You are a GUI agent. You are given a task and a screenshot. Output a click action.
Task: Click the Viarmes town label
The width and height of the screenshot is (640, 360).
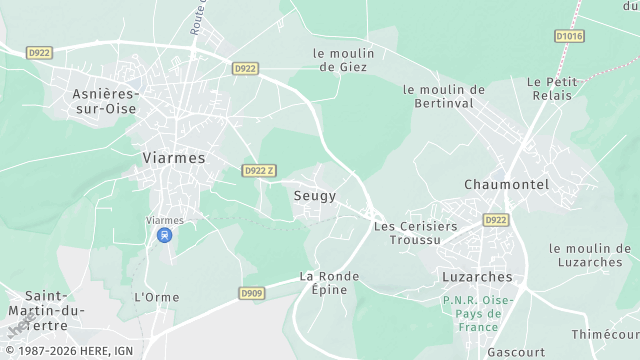[x=174, y=158]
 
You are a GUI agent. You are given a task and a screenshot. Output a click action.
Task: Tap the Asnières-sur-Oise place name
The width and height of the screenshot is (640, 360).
[x=105, y=101]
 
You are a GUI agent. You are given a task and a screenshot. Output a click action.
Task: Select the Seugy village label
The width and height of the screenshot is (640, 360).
[x=315, y=196]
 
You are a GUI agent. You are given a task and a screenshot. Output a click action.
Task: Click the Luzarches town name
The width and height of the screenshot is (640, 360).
[x=477, y=277]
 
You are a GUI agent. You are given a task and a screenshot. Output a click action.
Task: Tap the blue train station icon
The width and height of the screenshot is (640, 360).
[x=164, y=235]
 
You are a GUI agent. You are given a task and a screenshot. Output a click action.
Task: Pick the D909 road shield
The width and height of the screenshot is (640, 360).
[x=251, y=293]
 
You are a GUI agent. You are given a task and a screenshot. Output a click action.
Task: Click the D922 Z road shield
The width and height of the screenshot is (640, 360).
[x=257, y=171]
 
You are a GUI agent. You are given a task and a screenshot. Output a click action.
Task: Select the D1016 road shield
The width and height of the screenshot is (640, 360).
[x=568, y=37]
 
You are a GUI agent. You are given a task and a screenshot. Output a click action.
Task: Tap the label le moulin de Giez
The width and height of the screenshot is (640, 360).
[x=342, y=60]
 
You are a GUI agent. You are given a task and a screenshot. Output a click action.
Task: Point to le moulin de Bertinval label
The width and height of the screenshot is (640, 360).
[x=444, y=96]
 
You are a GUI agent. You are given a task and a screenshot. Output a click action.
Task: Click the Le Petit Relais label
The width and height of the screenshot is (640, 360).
[x=551, y=88]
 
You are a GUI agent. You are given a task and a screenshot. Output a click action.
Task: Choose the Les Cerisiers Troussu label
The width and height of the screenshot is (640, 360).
[x=415, y=233]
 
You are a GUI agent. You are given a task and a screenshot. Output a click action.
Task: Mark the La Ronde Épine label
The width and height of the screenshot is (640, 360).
[x=323, y=283]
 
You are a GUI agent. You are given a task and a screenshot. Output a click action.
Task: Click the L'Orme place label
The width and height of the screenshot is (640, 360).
[x=156, y=297]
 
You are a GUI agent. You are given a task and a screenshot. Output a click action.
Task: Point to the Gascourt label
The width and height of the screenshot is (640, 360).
[x=516, y=352]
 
